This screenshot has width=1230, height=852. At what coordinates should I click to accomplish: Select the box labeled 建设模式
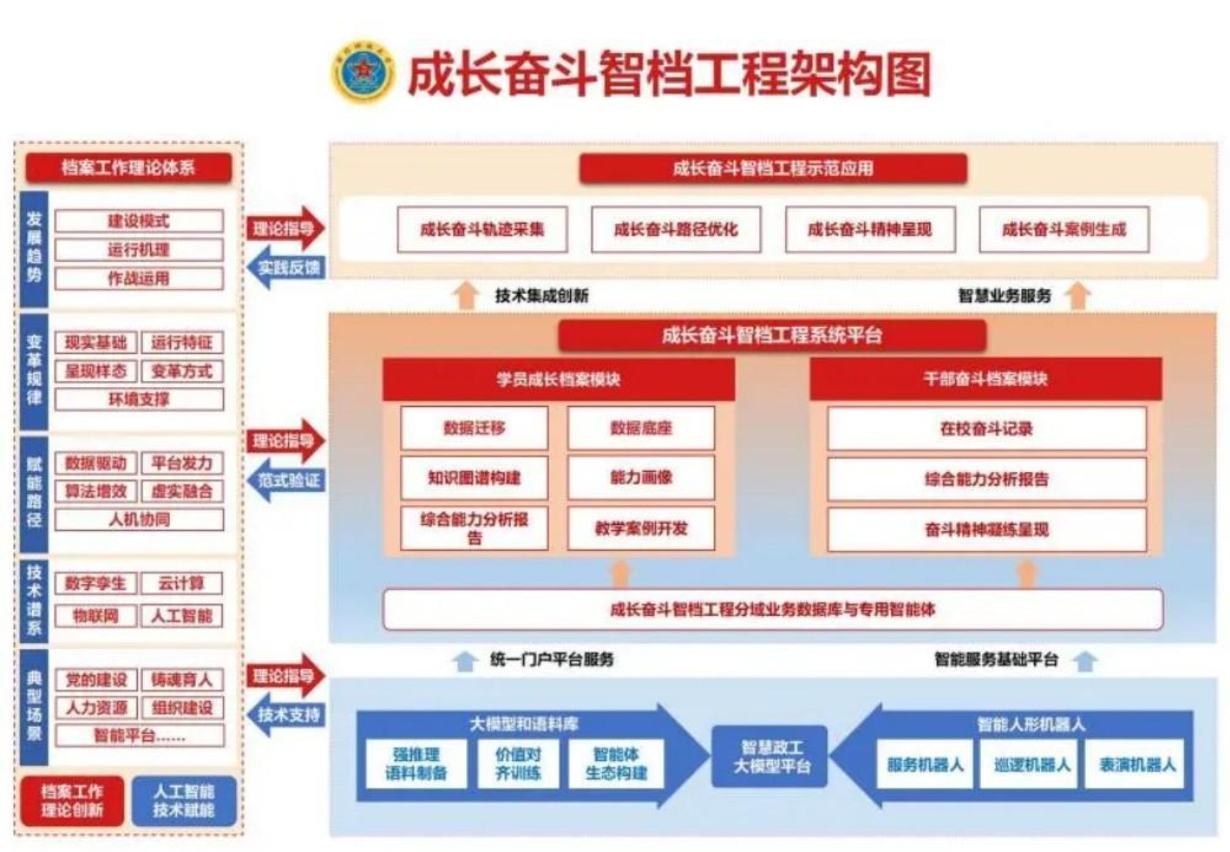pos(139,221)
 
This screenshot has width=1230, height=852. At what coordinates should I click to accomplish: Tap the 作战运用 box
pos(139,278)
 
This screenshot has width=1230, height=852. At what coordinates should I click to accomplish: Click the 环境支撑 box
pos(139,400)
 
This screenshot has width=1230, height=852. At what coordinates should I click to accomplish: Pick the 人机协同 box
pos(139,520)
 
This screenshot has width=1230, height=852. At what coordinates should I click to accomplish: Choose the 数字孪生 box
pos(95,584)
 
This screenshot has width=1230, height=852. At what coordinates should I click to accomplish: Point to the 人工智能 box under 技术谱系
pos(182,615)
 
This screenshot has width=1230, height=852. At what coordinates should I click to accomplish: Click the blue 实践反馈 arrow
pos(286,268)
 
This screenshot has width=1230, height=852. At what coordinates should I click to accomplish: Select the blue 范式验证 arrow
pos(286,481)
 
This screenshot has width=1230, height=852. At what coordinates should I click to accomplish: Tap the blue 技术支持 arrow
pos(286,715)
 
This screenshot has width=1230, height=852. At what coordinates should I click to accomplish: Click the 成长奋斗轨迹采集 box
pos(482,230)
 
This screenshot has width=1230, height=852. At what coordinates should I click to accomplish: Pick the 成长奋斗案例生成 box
pos(1064,230)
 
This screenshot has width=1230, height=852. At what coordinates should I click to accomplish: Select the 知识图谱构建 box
pos(474,478)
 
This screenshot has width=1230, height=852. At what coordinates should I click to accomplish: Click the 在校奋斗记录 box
pos(986,429)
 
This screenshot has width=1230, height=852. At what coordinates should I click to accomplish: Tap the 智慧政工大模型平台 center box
pos(769,757)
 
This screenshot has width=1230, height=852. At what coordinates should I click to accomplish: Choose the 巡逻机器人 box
pos(1032,764)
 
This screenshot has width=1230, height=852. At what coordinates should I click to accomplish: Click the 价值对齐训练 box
pos(517,763)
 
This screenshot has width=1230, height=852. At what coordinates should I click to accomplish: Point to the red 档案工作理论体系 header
pos(128,168)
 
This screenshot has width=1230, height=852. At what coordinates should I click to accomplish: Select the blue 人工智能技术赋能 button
pos(183,801)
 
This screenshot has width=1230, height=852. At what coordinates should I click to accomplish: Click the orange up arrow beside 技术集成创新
pos(467,296)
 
